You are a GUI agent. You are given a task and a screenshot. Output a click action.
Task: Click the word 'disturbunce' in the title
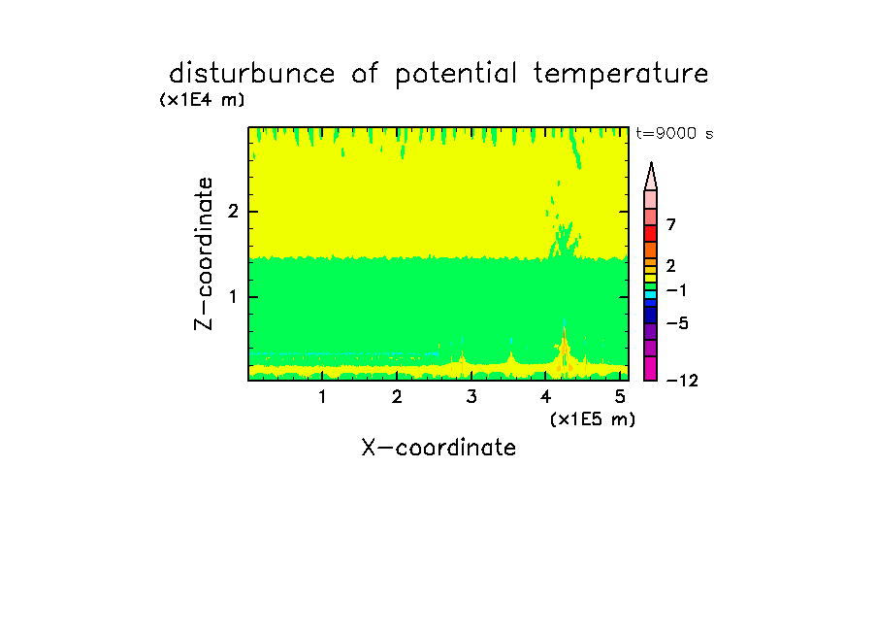(x=251, y=74)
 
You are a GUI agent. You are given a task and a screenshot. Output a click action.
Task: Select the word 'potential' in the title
(x=456, y=75)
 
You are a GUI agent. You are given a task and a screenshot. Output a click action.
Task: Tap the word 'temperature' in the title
(x=621, y=75)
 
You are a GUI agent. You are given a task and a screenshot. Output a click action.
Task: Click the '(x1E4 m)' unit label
(x=202, y=100)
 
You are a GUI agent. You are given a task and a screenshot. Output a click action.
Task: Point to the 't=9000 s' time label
(x=675, y=133)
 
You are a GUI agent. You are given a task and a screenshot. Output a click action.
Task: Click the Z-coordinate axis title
(x=204, y=253)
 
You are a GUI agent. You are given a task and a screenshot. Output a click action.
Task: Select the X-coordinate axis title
(x=438, y=448)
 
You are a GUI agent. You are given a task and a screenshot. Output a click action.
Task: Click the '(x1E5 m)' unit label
(x=593, y=419)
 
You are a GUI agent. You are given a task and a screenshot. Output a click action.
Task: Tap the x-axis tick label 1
(x=323, y=397)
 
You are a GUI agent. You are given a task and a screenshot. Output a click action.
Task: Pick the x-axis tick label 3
(x=471, y=397)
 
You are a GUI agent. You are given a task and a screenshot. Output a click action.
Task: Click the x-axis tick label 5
(x=620, y=397)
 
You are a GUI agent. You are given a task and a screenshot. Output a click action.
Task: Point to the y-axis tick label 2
(x=233, y=212)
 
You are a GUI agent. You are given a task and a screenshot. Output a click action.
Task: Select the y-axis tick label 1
(x=233, y=297)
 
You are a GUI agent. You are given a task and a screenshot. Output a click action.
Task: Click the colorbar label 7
(x=671, y=225)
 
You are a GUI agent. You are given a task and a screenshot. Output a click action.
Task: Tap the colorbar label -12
(x=682, y=381)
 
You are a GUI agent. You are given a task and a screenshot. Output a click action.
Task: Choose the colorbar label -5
(x=677, y=323)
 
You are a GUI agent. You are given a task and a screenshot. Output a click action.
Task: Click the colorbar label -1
(x=677, y=290)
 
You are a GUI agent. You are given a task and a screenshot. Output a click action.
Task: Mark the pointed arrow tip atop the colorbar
(x=651, y=163)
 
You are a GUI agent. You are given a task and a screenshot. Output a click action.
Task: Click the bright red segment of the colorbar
(x=651, y=233)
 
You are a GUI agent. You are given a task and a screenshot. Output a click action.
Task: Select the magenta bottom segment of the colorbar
(x=651, y=368)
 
